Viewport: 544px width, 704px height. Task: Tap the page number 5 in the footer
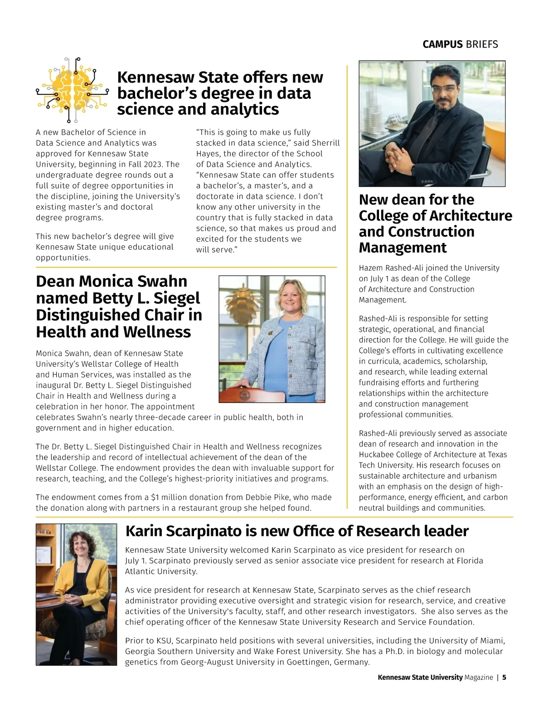504,677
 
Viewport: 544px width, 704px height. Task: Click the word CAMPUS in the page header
442,44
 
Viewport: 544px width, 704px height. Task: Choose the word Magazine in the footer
478,677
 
